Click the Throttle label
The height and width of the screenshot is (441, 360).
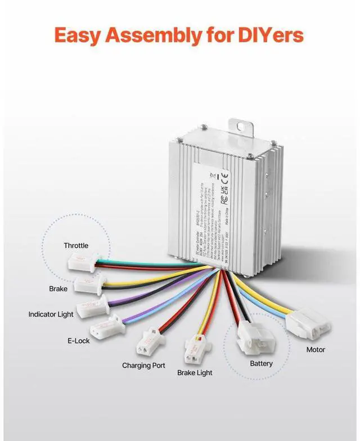click(76, 245)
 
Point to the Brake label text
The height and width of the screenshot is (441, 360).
click(58, 289)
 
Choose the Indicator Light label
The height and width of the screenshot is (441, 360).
click(51, 314)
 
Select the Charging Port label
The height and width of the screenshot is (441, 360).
click(143, 365)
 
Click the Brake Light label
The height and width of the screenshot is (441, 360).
click(195, 372)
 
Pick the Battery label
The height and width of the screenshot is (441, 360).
click(261, 363)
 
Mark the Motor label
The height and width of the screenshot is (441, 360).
click(316, 349)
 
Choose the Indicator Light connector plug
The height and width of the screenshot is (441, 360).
click(91, 304)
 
